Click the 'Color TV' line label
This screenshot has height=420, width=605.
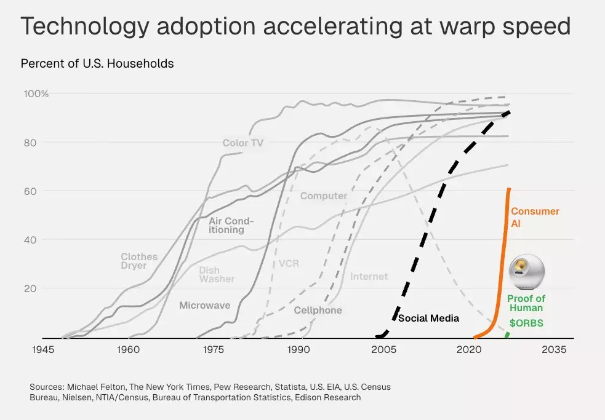(244, 143)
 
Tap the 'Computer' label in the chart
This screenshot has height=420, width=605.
(324, 196)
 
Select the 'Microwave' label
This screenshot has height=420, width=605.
(205, 305)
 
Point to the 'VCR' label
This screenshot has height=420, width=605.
(289, 263)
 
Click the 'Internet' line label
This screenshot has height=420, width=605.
(369, 277)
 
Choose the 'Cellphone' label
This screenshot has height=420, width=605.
(318, 311)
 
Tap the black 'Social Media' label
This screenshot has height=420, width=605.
(428, 319)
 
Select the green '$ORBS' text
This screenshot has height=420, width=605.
(526, 323)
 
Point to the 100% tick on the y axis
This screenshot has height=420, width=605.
(36, 93)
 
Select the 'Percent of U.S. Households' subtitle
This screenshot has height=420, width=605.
(97, 63)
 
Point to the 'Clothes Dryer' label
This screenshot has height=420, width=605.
(139, 261)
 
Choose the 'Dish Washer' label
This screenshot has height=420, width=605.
(217, 275)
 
